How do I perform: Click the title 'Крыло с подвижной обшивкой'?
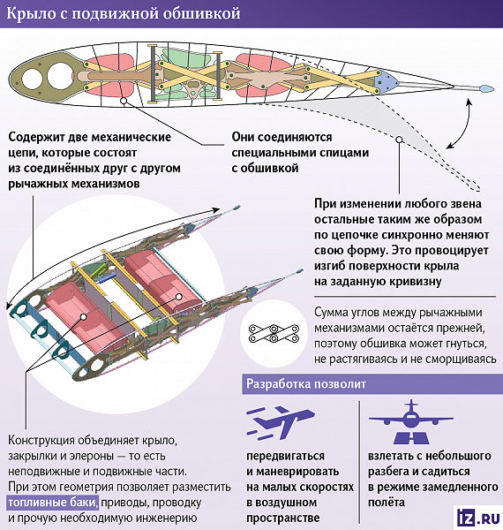pyautogui.click(x=124, y=14)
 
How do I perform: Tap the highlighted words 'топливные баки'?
pyautogui.click(x=53, y=503)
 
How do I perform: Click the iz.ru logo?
pyautogui.click(x=478, y=518)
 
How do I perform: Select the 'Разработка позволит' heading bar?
pyautogui.click(x=372, y=384)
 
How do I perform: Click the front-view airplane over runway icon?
pyautogui.click(x=411, y=422)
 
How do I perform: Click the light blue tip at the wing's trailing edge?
pyautogui.click(x=486, y=88)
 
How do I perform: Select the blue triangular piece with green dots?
pyautogui.click(x=386, y=81)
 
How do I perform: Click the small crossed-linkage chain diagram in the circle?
pyautogui.click(x=274, y=334)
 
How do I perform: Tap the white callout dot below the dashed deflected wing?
pyautogui.click(x=399, y=140)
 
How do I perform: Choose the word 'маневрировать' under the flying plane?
pyautogui.click(x=292, y=471)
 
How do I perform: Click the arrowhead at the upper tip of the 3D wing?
pyautogui.click(x=215, y=209)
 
